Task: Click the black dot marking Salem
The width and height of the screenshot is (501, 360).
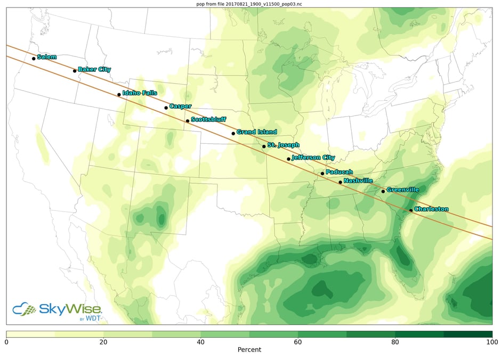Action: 34,59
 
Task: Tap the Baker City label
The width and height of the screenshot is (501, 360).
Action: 94,69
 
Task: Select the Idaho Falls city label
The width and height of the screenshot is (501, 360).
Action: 140,93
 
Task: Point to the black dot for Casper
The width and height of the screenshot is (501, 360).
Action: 166,108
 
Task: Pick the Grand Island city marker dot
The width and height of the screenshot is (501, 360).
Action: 233,134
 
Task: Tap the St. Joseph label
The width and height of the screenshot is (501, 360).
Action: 283,145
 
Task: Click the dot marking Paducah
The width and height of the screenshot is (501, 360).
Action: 322,174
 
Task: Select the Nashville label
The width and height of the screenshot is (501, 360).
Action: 358,181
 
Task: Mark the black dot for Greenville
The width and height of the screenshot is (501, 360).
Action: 383,192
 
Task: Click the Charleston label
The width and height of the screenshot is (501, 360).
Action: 431,209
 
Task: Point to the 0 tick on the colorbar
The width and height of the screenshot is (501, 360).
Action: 6,341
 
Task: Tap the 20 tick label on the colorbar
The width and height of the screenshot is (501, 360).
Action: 103,341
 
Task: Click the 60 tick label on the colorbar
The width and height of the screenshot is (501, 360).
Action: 298,341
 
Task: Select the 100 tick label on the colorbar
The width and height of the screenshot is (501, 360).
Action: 491,341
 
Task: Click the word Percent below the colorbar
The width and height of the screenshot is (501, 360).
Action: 249,350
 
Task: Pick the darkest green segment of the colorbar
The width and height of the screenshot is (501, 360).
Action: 468,334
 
